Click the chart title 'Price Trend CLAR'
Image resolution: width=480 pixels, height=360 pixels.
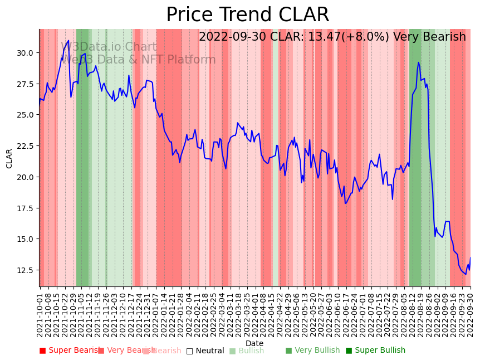(248, 15)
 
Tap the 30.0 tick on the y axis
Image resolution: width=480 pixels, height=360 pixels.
(25, 53)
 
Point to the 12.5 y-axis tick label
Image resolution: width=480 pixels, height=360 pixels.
(25, 270)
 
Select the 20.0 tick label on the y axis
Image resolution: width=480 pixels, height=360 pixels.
(25, 177)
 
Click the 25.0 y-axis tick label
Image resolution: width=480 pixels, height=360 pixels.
(25, 115)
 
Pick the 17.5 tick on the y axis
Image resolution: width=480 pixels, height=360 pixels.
(25, 208)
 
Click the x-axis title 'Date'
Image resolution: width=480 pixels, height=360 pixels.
(254, 343)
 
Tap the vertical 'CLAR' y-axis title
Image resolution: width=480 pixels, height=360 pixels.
(9, 158)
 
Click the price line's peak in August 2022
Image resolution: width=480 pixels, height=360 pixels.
(418, 62)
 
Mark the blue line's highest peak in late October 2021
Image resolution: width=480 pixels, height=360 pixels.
(68, 41)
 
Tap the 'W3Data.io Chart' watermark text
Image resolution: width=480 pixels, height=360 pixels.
(109, 47)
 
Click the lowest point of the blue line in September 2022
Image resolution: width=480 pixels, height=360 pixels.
(466, 274)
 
